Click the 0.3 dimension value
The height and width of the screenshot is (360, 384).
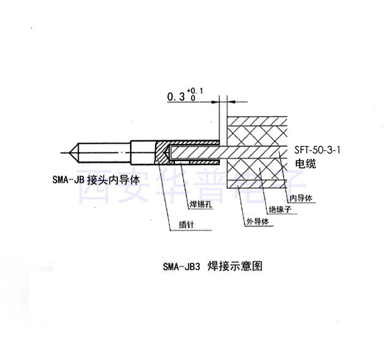pyautogui.click(x=176, y=96)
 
